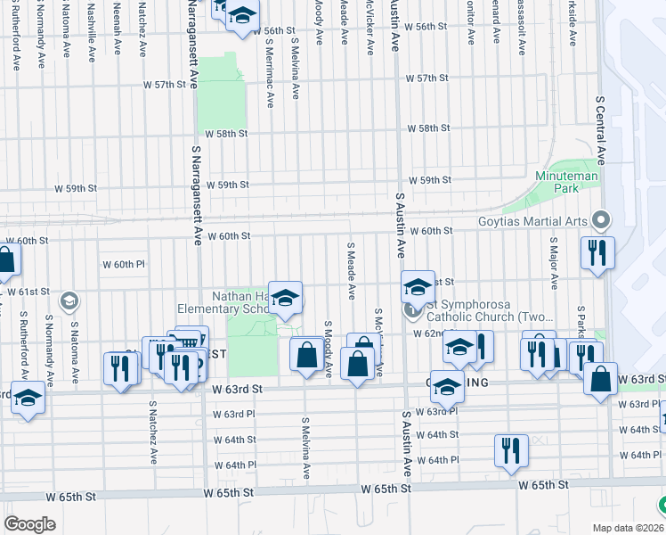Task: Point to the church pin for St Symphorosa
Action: pyautogui.click(x=411, y=310)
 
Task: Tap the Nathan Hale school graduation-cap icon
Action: pyautogui.click(x=285, y=298)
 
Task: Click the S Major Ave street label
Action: pyautogui.click(x=553, y=263)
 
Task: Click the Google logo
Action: pyautogui.click(x=29, y=523)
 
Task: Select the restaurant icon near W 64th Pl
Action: pyautogui.click(x=511, y=451)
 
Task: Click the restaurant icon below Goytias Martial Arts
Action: pyautogui.click(x=595, y=252)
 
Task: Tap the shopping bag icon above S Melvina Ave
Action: pyautogui.click(x=306, y=354)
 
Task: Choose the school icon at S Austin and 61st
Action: pyautogui.click(x=416, y=287)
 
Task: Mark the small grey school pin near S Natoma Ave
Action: pyautogui.click(x=69, y=301)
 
